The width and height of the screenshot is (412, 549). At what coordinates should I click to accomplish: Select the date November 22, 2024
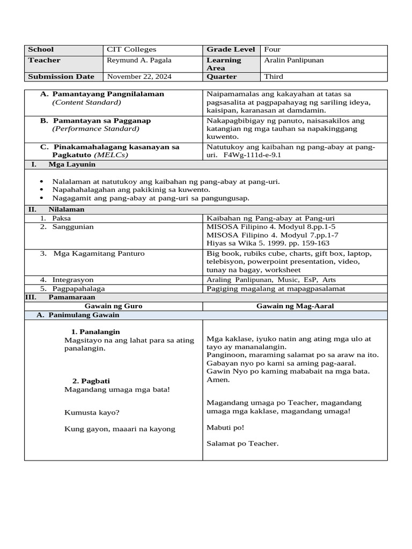point(139,77)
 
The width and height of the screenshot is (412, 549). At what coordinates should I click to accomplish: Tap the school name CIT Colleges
point(131,49)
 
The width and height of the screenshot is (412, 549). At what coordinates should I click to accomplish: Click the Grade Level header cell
point(230,49)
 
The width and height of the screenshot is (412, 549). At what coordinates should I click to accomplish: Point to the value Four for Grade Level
point(273,49)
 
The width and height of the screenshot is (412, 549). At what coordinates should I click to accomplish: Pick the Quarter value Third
point(274,77)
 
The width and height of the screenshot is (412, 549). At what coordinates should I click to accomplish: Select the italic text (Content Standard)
point(86,102)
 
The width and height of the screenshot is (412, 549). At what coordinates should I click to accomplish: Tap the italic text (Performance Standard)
point(95,129)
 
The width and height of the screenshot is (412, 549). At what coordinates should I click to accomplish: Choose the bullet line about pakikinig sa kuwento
point(131,190)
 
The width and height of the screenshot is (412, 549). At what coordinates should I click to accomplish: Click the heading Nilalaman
point(67,210)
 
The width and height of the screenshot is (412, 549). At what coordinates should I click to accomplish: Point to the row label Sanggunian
point(73,227)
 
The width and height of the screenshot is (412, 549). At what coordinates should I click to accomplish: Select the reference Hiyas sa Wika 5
point(236,243)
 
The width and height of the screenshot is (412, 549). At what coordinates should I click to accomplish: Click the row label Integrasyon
point(73,280)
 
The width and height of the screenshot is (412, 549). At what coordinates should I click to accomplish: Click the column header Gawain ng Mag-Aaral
point(295,306)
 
